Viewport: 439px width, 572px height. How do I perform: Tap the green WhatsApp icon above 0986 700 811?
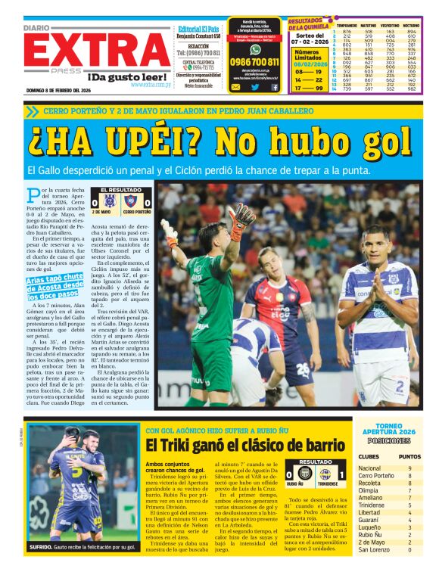(x=254, y=49)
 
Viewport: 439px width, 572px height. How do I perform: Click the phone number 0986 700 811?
(x=254, y=62)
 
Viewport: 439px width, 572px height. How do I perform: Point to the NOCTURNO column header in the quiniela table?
(x=411, y=25)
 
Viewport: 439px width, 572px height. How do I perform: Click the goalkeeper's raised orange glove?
(x=241, y=219)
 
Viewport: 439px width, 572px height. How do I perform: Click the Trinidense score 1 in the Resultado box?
(x=342, y=474)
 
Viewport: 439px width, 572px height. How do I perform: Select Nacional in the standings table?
(x=370, y=468)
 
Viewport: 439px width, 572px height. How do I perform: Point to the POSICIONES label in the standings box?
(x=389, y=440)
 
